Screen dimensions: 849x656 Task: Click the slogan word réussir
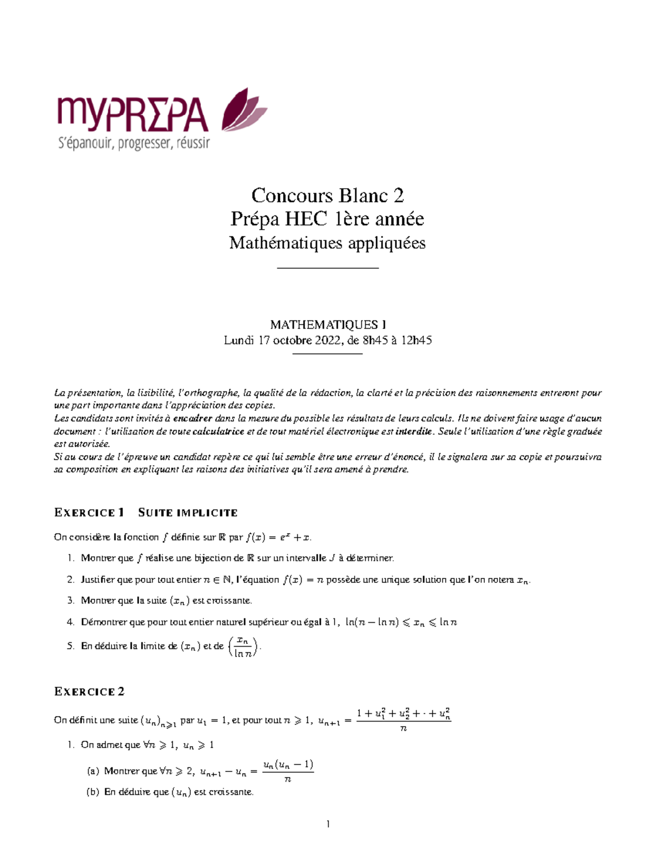[x=194, y=144]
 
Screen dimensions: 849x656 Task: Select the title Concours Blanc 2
[x=327, y=195]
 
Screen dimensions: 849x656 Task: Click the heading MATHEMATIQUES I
[x=327, y=325]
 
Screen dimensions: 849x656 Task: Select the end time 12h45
[x=416, y=341]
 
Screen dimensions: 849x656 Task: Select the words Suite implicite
[x=188, y=513]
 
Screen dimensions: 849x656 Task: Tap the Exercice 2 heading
[x=89, y=692]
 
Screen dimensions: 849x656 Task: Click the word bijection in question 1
[x=213, y=558]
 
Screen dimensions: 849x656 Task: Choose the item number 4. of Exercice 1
[x=71, y=622]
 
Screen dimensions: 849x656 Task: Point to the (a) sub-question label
[x=93, y=771]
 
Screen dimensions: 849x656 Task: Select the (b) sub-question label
[x=93, y=792]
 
